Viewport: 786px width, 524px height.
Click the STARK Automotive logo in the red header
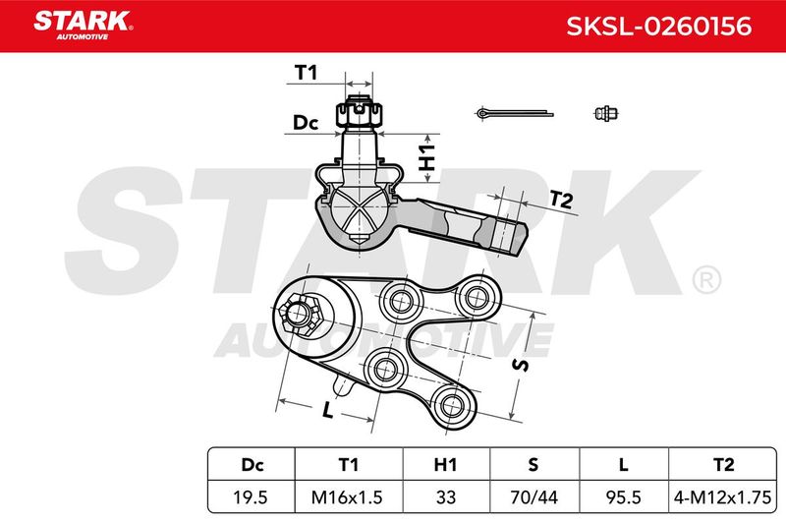pyautogui.click(x=83, y=25)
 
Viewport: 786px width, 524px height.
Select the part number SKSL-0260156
pyautogui.click(x=658, y=27)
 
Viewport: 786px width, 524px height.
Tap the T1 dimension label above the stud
pyautogui.click(x=306, y=73)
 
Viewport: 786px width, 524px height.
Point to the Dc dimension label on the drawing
pyautogui.click(x=306, y=122)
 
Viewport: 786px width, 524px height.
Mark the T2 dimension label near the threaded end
pyautogui.click(x=561, y=200)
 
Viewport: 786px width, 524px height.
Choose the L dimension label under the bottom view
pyautogui.click(x=327, y=411)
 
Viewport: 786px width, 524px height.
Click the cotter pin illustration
pyautogui.click(x=514, y=114)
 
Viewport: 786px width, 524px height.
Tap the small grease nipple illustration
pyautogui.click(x=605, y=113)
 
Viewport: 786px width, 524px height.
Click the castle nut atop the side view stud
pyautogui.click(x=359, y=113)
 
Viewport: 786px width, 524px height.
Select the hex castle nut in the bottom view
pyautogui.click(x=300, y=315)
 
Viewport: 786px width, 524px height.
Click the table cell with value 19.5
pyautogui.click(x=251, y=496)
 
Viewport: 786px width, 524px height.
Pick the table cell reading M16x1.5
pyautogui.click(x=349, y=496)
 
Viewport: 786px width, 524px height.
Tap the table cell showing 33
pyautogui.click(x=446, y=496)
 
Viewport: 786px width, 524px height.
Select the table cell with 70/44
pyautogui.click(x=533, y=496)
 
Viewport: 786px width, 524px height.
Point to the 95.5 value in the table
pyautogui.click(x=623, y=496)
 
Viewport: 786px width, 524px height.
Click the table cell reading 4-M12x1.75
pyautogui.click(x=722, y=496)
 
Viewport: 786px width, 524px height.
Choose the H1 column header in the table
pyautogui.click(x=446, y=464)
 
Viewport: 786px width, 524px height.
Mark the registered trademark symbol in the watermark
pyautogui.click(x=706, y=280)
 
